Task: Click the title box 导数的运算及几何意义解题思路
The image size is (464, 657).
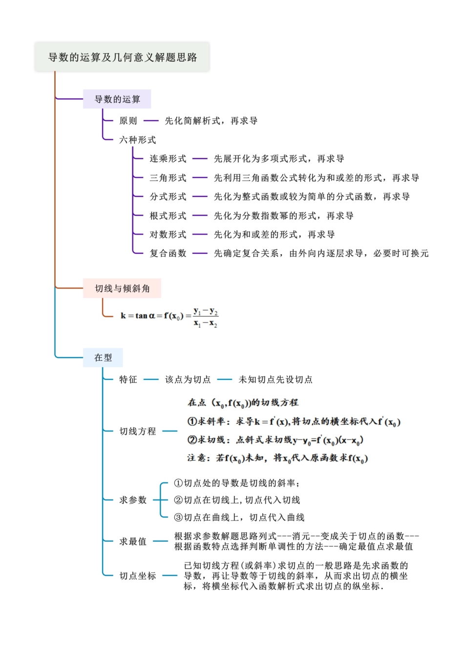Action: click(122, 57)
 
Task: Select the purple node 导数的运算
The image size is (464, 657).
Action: click(117, 99)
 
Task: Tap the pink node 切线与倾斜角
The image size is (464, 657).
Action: click(122, 288)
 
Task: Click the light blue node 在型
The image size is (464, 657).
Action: click(103, 358)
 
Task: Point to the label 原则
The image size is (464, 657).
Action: click(128, 121)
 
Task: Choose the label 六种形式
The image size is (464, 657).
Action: click(138, 140)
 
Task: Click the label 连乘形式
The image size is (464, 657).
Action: click(168, 159)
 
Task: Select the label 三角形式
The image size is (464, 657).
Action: click(168, 178)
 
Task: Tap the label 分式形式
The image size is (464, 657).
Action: click(168, 197)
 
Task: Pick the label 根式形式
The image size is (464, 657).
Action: click(168, 216)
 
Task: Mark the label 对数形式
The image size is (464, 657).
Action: click(168, 235)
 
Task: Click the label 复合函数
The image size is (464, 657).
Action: click(168, 253)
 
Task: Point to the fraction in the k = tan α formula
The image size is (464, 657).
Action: click(206, 317)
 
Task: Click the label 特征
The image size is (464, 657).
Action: click(128, 379)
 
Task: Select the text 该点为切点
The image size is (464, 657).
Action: click(188, 379)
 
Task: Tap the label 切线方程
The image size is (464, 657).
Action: click(138, 431)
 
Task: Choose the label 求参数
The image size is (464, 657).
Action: click(133, 500)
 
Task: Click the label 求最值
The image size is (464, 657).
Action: click(133, 541)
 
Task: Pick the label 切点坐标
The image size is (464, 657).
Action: click(138, 576)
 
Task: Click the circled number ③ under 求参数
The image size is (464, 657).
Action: click(178, 517)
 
